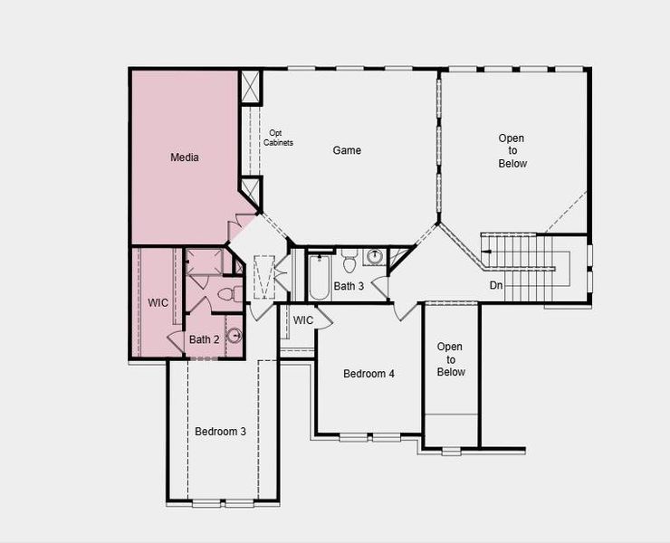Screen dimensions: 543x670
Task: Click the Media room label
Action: pos(185,157)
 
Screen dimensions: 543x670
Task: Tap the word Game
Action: pos(347,150)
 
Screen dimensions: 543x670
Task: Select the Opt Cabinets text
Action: pos(278,138)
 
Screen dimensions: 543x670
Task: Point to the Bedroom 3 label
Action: pos(220,432)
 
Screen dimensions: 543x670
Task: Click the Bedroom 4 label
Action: pos(368,374)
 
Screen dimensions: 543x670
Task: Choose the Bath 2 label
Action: pos(204,340)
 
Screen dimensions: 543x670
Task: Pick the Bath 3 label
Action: pos(349,287)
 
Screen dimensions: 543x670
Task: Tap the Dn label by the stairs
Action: pos(496,286)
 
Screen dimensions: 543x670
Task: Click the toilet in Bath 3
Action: pos(349,262)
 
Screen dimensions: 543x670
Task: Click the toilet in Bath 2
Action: pos(234,294)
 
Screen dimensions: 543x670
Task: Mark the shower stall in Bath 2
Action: pos(204,263)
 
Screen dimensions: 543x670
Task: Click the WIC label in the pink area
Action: pos(158,302)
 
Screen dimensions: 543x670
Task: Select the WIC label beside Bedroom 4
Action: pos(303,320)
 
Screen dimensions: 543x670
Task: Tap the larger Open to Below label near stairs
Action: pos(512,151)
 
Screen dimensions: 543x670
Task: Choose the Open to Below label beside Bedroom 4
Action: pos(450,359)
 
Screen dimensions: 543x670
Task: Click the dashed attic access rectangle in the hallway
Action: pos(264,275)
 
